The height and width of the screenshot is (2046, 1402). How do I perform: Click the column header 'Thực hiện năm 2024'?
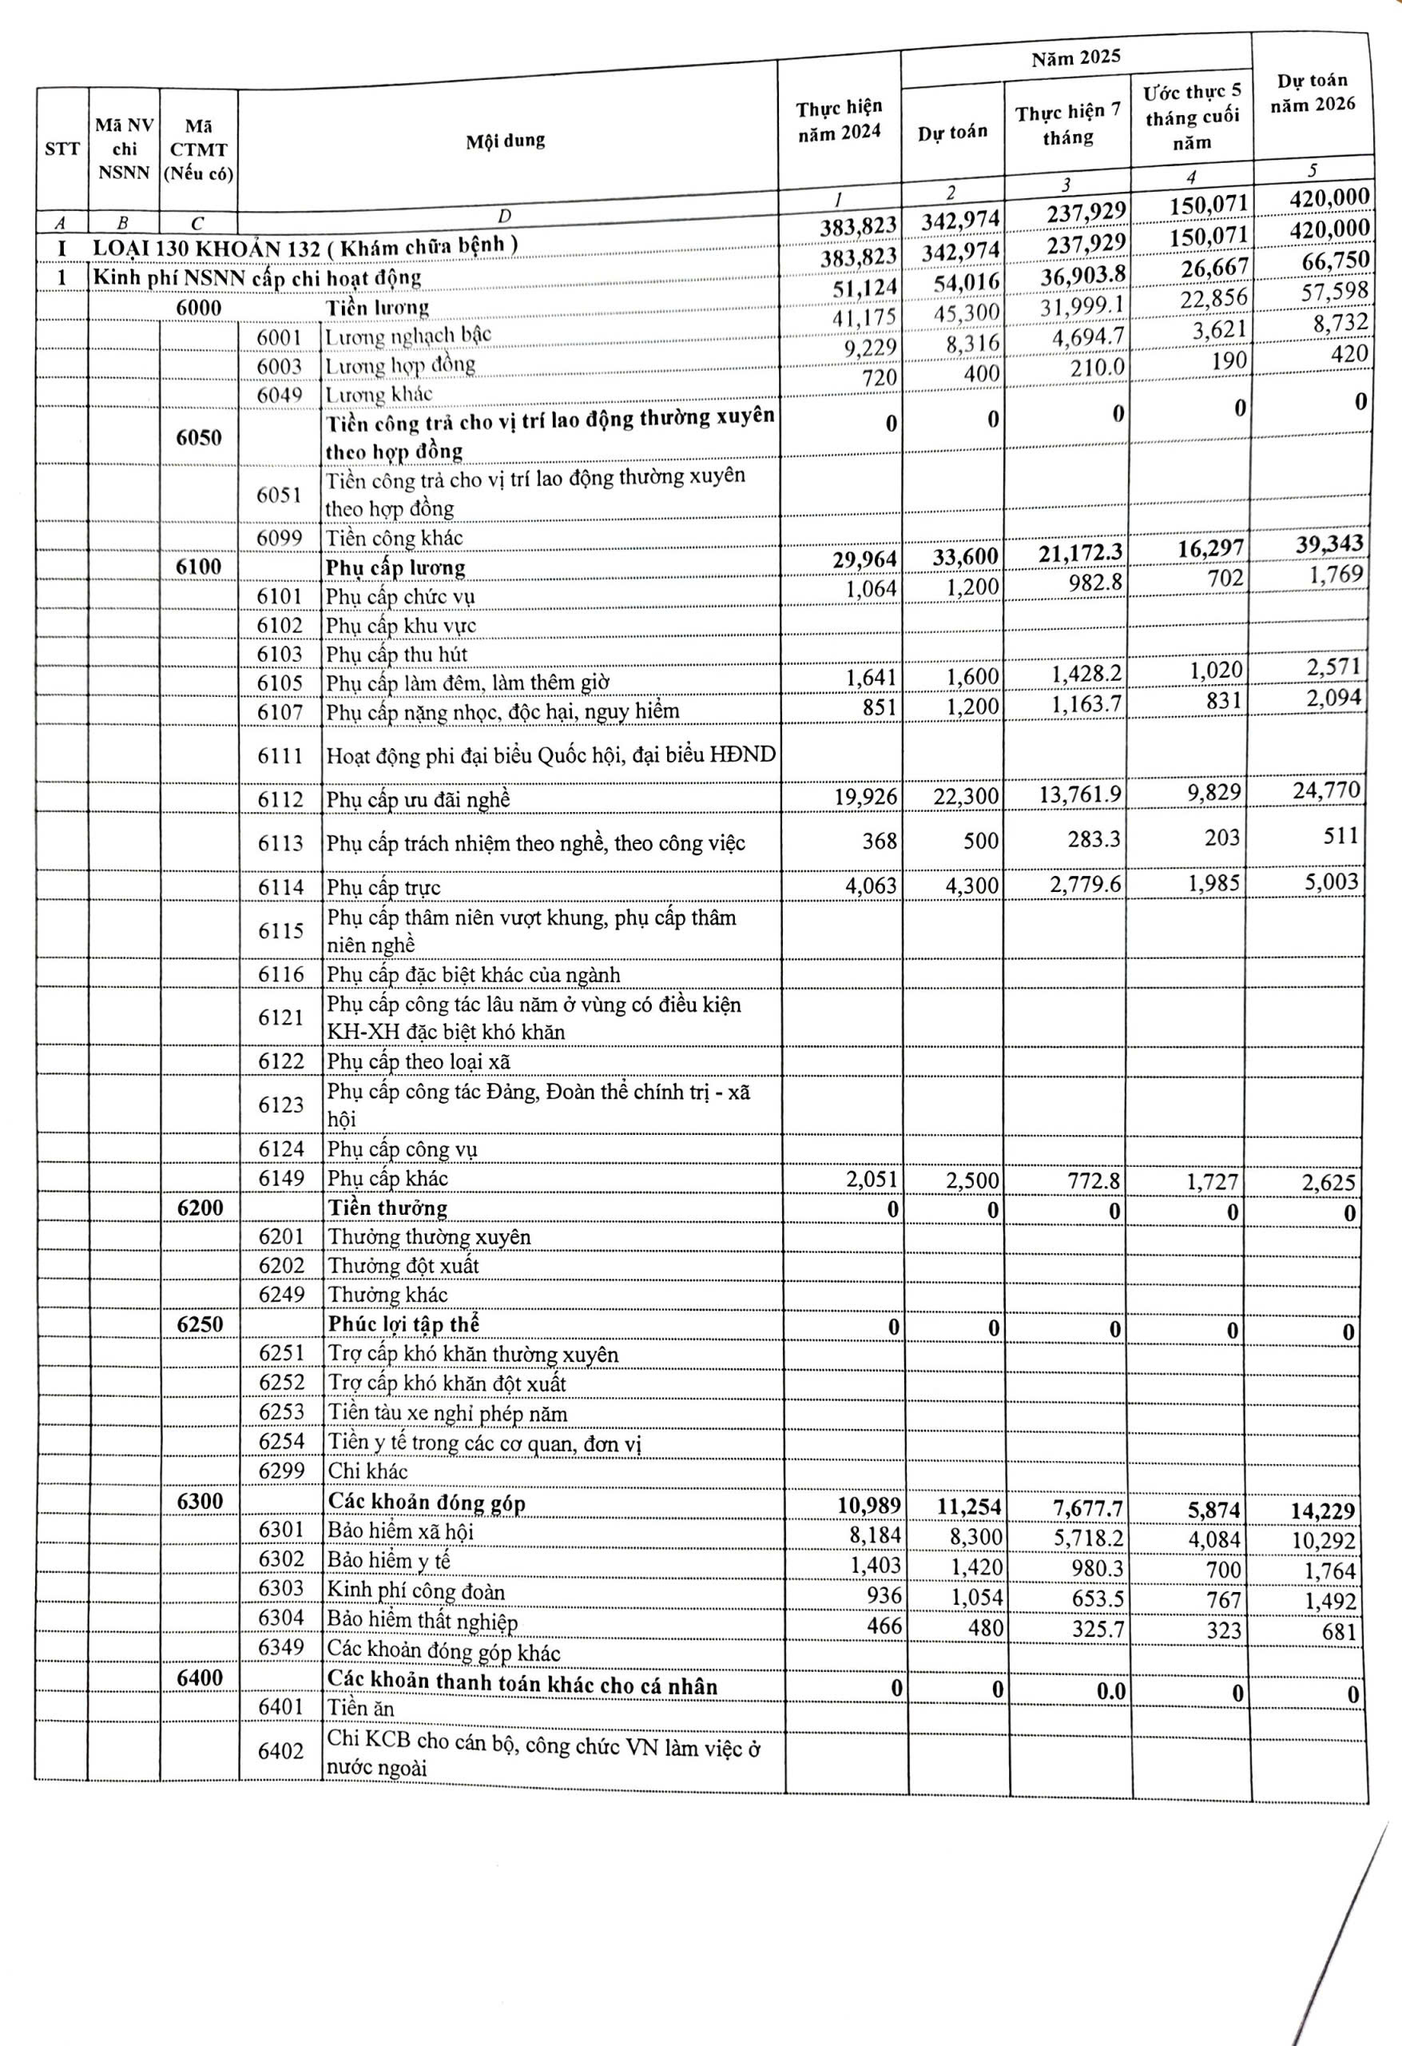point(839,120)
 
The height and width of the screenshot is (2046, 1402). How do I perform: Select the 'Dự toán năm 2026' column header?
point(1312,93)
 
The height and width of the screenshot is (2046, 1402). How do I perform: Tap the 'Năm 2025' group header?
point(1075,58)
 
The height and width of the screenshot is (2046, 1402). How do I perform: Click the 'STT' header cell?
point(62,149)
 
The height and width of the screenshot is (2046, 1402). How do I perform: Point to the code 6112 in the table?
point(280,799)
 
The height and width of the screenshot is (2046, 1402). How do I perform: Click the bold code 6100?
point(199,566)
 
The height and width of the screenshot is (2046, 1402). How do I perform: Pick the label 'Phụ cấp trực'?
point(383,887)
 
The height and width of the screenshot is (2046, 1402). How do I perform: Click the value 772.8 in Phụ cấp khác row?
point(1096,1180)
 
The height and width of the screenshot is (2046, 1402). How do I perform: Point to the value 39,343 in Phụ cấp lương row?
point(1329,544)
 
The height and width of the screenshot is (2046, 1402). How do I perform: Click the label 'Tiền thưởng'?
point(387,1208)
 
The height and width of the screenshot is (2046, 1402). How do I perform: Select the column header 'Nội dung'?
point(505,141)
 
